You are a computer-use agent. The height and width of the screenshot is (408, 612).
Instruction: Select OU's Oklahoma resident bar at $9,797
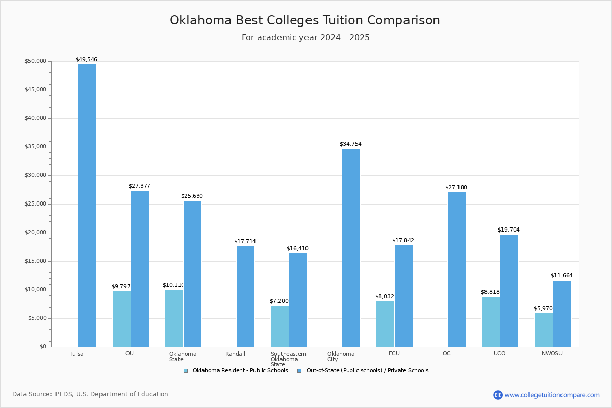click(121, 319)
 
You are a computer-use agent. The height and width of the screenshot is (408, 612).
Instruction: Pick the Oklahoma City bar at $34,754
click(351, 248)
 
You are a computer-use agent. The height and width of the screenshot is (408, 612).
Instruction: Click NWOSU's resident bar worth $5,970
click(544, 330)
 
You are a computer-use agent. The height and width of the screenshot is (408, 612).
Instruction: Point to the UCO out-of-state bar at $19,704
click(509, 291)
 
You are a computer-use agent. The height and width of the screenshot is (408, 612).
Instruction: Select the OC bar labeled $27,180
click(456, 269)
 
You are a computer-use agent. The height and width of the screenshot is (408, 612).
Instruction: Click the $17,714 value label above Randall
click(245, 241)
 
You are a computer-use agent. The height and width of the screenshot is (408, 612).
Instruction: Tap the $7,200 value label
click(279, 301)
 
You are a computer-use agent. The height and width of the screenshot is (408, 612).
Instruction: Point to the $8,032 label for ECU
click(385, 296)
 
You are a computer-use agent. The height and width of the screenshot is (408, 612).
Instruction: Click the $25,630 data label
click(192, 196)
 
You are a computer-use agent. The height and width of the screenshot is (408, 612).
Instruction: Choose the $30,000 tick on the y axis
click(35, 175)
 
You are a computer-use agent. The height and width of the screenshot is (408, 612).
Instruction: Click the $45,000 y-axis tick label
click(35, 90)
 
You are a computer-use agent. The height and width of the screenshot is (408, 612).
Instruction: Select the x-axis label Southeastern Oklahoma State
click(288, 359)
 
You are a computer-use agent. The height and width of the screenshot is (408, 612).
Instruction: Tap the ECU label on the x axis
click(394, 354)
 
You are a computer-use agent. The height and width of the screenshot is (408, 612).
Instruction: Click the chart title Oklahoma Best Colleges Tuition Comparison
click(305, 20)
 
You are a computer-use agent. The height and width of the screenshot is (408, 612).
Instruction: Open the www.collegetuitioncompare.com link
click(552, 395)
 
